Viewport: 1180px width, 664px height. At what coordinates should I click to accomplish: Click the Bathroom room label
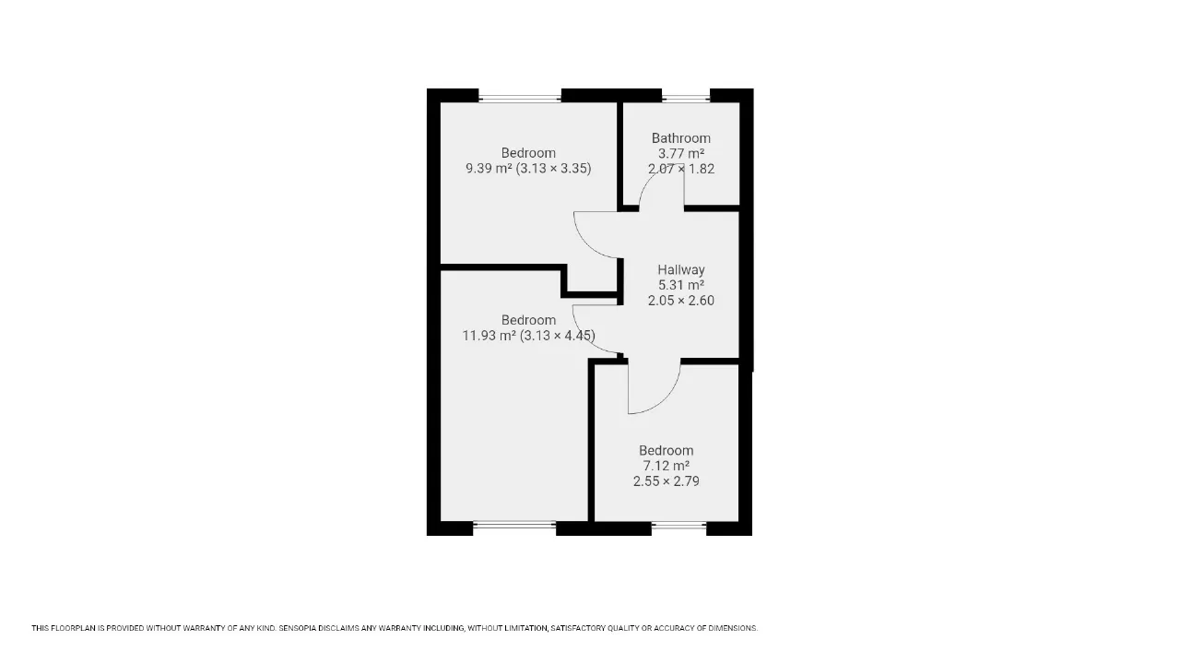pos(680,138)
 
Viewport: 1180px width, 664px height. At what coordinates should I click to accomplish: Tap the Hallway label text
pos(680,270)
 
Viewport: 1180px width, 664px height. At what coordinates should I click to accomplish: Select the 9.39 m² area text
pos(489,168)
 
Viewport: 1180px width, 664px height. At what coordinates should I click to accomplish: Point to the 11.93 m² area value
pos(489,335)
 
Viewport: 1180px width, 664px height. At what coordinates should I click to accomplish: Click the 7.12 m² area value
pos(666,466)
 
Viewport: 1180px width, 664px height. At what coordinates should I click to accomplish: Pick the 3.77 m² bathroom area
pos(680,153)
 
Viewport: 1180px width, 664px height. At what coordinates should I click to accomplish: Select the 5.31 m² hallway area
pos(680,285)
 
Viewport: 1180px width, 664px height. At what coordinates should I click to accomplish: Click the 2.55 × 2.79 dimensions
pos(666,481)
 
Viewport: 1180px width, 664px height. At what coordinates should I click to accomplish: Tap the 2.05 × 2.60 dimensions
pos(680,301)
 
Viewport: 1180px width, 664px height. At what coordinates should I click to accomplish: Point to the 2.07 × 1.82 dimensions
pos(680,169)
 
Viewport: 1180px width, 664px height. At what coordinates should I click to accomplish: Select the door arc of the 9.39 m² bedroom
pos(587,244)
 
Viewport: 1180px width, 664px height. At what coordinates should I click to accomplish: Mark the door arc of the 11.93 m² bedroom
pos(584,338)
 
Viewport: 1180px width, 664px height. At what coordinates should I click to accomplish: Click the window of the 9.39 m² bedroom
pos(520,98)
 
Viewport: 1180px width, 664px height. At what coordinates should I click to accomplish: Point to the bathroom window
pos(686,98)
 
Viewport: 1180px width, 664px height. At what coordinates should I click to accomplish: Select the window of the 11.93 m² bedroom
pos(514,525)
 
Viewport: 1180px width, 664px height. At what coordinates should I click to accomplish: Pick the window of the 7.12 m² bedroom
pos(679,525)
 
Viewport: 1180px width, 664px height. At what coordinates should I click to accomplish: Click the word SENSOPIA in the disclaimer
pos(298,628)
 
